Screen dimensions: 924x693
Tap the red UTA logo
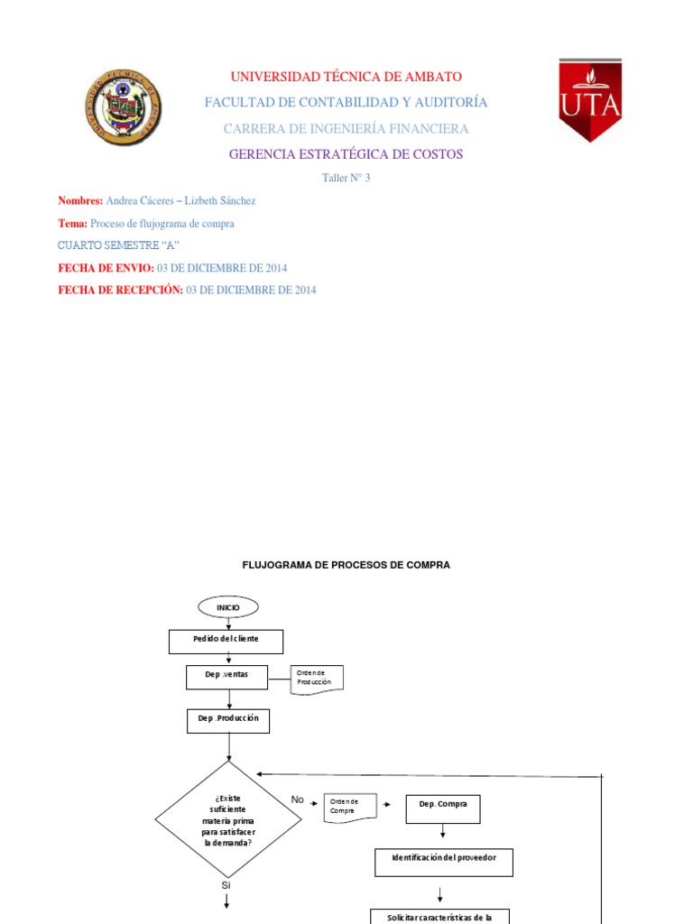(590, 100)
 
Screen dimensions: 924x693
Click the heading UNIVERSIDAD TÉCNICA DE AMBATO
(346, 77)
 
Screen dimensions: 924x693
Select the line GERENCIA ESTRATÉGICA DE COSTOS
(346, 154)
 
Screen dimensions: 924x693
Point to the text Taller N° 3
(346, 178)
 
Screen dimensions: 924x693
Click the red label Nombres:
(80, 200)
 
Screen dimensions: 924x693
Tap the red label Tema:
(73, 223)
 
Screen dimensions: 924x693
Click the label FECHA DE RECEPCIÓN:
(120, 290)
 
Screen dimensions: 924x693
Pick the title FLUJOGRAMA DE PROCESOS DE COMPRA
(346, 565)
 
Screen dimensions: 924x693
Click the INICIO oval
(228, 607)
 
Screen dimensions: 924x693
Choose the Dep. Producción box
(228, 720)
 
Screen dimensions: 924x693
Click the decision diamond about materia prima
(228, 819)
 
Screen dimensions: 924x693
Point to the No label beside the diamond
(298, 799)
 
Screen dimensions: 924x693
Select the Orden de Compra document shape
(350, 806)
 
